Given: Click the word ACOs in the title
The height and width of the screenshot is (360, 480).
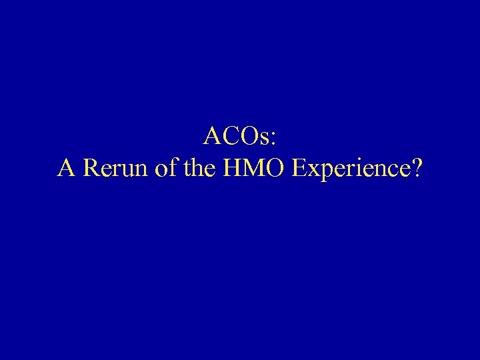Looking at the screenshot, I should click(237, 137).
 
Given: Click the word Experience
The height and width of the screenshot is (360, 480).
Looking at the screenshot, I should click(350, 169).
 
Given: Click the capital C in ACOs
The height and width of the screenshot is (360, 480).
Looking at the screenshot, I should click(231, 137).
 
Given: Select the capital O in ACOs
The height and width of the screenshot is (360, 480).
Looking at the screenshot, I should click(251, 137).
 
